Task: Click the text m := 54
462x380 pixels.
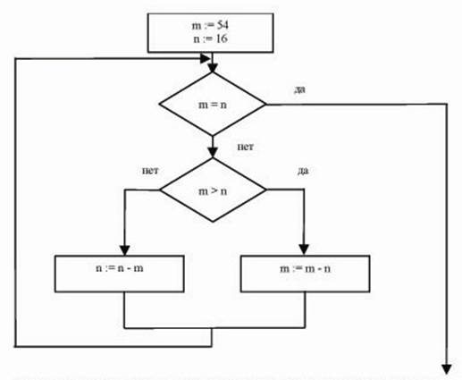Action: [x=210, y=26]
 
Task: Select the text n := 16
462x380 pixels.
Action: [x=210, y=38]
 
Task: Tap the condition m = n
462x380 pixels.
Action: [x=213, y=105]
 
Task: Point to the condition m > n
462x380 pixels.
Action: [x=213, y=191]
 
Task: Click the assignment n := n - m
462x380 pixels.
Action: [x=120, y=268]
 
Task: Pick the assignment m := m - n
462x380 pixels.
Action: [x=305, y=269]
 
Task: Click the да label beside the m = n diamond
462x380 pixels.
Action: [x=299, y=89]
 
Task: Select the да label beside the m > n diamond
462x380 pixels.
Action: [x=303, y=171]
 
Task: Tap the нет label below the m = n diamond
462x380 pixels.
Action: [x=246, y=147]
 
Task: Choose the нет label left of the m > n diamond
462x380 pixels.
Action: [x=150, y=171]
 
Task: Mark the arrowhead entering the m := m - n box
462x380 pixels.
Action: [x=304, y=250]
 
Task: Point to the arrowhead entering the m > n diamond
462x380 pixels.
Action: [x=213, y=153]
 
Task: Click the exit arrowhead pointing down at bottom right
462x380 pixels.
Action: [x=447, y=369]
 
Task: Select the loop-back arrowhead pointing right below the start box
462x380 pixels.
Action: [x=206, y=58]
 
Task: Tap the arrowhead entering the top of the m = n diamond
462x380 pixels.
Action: [x=213, y=68]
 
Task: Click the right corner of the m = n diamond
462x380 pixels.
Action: [x=266, y=105]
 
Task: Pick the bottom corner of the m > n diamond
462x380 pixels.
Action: [x=213, y=222]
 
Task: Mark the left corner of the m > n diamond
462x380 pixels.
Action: [x=160, y=190]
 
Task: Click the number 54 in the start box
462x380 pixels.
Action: [x=223, y=26]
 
